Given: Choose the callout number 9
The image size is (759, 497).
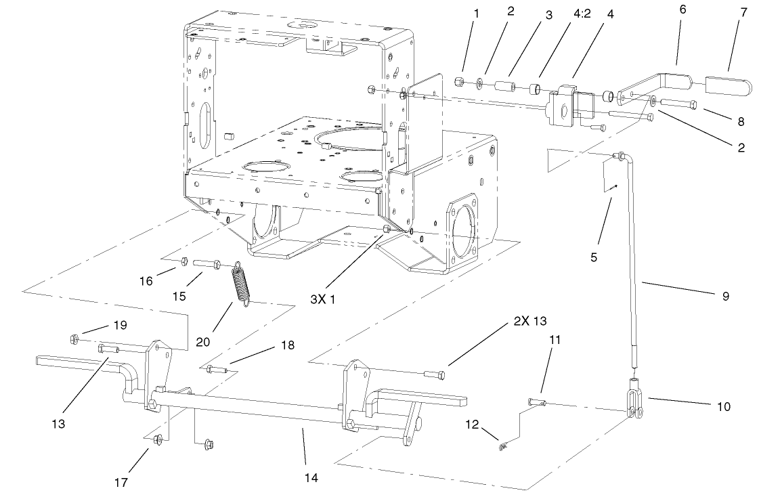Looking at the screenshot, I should pos(725,296).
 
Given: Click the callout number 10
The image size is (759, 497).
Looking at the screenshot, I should pos(723,408).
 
